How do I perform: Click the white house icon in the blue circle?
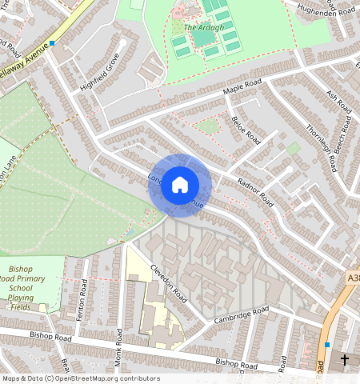[x=180, y=184]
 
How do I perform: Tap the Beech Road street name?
[x=346, y=139]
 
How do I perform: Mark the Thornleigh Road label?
[x=322, y=143]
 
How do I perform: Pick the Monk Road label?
[x=118, y=346]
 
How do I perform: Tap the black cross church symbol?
[x=345, y=360]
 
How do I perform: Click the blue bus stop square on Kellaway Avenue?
[x=52, y=44]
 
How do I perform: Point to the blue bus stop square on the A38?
[x=327, y=345]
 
